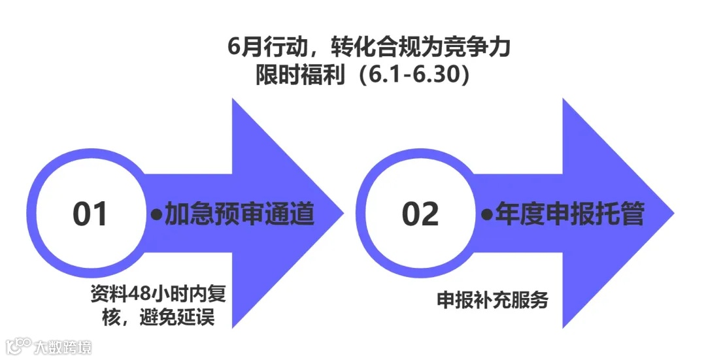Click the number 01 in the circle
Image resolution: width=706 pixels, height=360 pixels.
(90, 214)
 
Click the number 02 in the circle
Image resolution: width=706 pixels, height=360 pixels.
(420, 214)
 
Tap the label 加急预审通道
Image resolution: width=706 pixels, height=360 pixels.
(239, 214)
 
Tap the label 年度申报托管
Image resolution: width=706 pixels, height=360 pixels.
(569, 214)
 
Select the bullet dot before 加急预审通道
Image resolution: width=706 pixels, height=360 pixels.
(156, 214)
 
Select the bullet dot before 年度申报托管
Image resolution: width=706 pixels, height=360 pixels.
(486, 214)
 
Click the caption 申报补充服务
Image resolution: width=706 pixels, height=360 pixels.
(492, 301)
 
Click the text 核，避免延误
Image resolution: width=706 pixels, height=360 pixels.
(158, 317)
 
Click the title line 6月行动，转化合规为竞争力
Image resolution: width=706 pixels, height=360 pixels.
(369, 48)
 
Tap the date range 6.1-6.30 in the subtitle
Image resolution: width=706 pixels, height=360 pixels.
(416, 74)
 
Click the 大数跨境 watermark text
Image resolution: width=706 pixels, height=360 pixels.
(64, 346)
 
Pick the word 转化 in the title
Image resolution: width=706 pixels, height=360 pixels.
(353, 48)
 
